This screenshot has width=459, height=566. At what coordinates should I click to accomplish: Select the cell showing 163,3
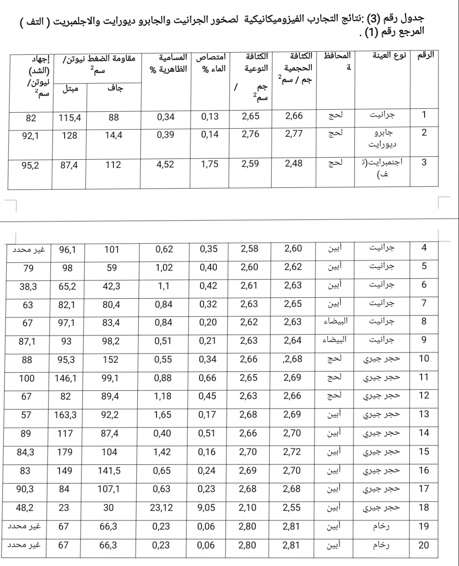pos(65,415)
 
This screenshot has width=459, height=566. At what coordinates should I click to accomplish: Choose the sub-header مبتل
pos(70,88)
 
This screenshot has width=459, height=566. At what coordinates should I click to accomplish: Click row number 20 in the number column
pos(424,545)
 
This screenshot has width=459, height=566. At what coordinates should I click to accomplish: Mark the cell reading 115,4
pos(70,118)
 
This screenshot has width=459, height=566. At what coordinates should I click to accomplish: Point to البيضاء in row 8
pos(336,322)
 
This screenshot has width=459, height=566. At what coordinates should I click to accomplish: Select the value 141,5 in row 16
pos(109,470)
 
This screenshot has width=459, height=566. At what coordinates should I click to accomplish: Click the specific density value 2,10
pos(248,507)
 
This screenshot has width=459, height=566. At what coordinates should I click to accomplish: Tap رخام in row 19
pos(381,526)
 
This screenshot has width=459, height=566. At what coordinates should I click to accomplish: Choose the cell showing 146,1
pos(66,378)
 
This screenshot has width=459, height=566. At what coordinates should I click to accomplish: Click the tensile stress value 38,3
pos(28,286)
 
